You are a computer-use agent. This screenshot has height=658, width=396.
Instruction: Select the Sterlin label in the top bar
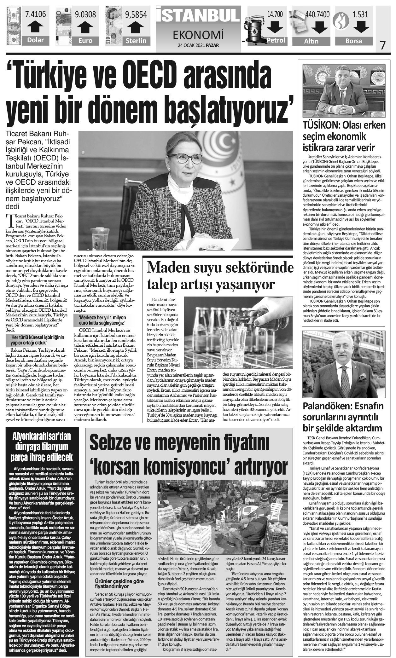tap(136, 41)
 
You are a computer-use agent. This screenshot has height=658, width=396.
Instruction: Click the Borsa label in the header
tap(354, 41)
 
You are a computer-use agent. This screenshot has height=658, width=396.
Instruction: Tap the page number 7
tap(383, 45)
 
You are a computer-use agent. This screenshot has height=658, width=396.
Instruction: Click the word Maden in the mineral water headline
tap(168, 268)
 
